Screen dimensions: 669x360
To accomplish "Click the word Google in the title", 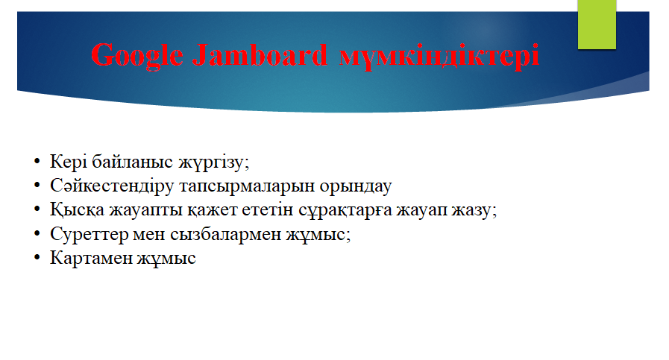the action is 137,56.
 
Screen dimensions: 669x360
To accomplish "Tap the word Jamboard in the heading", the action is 260,54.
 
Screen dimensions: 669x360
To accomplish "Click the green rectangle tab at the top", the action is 597,25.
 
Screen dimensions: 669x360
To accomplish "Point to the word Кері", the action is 69,162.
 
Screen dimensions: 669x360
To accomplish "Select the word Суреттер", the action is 89,234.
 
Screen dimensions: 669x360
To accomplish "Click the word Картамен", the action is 91,258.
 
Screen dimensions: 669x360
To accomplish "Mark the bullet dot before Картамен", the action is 37,258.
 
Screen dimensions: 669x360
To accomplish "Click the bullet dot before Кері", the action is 37,162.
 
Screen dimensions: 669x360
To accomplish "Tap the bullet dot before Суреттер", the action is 37,234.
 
